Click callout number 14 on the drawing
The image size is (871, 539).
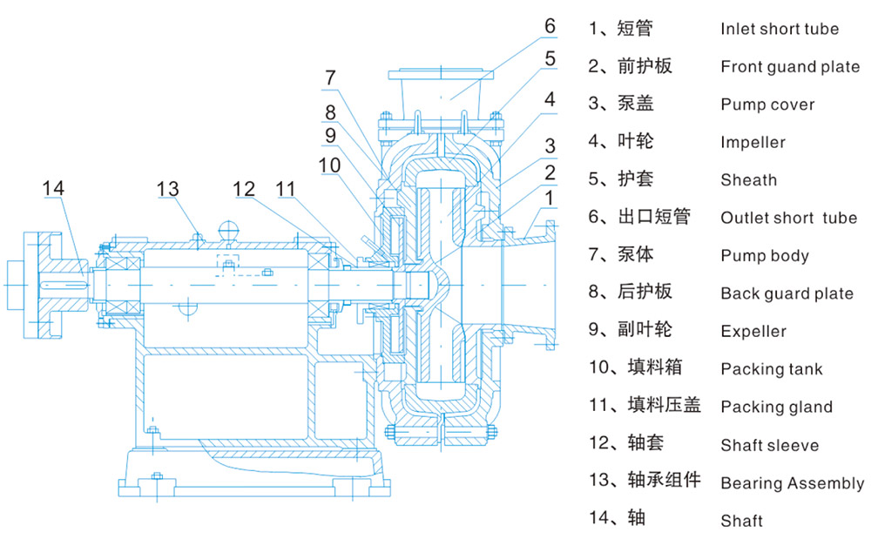coord(53,188)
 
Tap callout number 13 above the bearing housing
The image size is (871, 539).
coord(168,189)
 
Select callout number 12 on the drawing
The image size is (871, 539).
coord(243,189)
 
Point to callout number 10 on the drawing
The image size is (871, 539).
coord(329,165)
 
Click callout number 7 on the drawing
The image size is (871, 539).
coord(330,77)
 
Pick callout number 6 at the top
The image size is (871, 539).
coord(550,25)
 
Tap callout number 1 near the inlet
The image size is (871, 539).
coord(550,198)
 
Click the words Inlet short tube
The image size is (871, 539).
coord(780,29)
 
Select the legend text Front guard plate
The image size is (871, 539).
coord(790,66)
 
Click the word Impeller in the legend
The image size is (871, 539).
coord(753,142)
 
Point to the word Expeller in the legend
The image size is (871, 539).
coord(753,331)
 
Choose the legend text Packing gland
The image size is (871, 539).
coord(777,407)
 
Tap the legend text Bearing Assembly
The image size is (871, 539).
coord(792,483)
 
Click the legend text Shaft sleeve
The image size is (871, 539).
coord(769,445)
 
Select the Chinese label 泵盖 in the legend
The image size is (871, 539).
coord(636,104)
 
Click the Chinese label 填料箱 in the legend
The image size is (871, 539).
coord(654,367)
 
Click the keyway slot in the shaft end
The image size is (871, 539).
coord(64,286)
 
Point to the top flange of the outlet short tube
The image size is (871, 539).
coord(441,74)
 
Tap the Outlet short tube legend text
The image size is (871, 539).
coord(789,218)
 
